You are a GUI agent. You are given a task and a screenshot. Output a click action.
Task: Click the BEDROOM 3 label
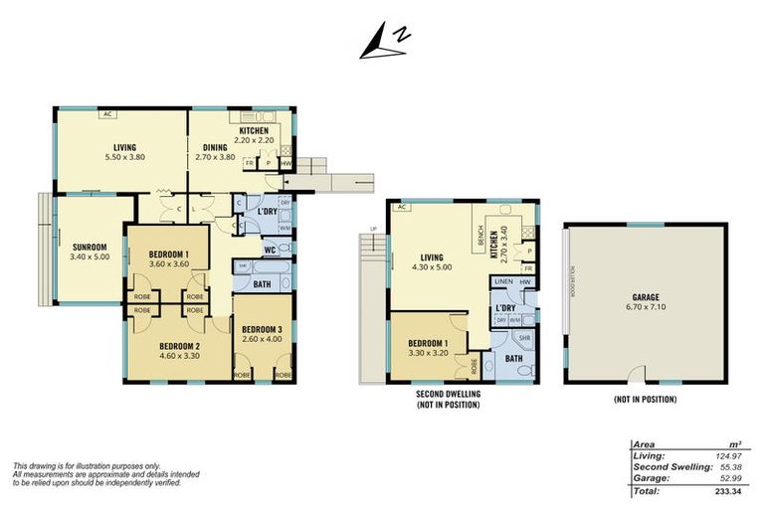coord(263,329)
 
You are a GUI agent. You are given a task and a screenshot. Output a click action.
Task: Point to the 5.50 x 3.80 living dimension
coord(124,157)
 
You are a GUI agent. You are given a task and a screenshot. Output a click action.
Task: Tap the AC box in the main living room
coord(106,113)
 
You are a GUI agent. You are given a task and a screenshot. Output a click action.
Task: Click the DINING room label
coord(216,147)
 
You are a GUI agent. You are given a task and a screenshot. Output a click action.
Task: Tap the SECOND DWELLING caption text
coord(449,394)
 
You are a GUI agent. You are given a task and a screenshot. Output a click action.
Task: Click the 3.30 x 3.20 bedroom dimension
coord(429,353)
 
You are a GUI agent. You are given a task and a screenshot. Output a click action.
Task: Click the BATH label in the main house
coord(262,283)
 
